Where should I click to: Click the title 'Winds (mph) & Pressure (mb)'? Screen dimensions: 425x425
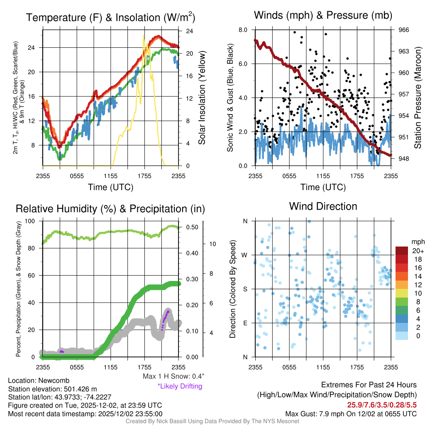coord(323,16)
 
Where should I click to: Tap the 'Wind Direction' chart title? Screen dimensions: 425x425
coord(323,206)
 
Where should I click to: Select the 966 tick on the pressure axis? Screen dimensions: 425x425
coord(403,30)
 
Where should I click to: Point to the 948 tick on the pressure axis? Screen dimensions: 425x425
coord(403,159)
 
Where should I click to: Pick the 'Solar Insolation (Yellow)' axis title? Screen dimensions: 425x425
coord(202,98)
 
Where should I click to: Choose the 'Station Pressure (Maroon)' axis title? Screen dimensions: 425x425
coord(418,98)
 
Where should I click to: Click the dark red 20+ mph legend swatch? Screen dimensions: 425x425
coord(402,251)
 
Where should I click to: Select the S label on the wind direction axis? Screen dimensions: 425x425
coord(245,289)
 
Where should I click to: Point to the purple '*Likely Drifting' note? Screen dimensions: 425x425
coord(180,386)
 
